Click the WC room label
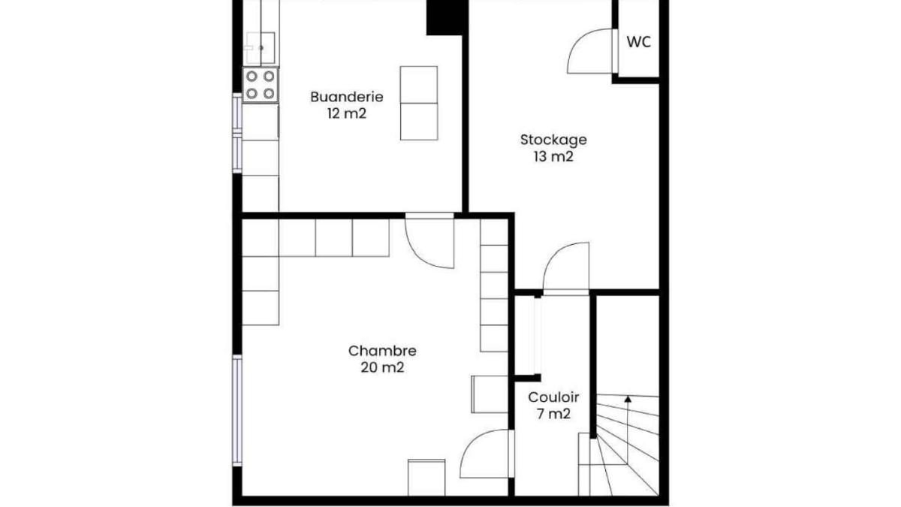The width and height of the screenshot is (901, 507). click(x=639, y=42)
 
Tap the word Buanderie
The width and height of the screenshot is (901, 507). click(x=347, y=97)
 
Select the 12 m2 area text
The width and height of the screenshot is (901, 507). click(x=347, y=114)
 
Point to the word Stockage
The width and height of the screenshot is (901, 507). click(x=553, y=140)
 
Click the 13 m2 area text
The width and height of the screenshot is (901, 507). click(x=553, y=156)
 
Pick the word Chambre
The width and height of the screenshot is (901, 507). click(x=382, y=351)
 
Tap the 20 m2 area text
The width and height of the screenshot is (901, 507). click(x=382, y=368)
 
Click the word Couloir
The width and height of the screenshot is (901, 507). click(x=553, y=397)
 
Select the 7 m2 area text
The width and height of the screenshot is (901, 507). click(x=553, y=414)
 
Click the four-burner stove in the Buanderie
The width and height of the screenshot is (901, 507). click(x=261, y=85)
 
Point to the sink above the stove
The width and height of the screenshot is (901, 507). click(x=261, y=48)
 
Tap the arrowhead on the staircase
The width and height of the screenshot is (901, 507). click(x=628, y=399)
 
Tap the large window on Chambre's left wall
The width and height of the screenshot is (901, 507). click(x=237, y=411)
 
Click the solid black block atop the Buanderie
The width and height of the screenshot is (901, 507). click(x=447, y=17)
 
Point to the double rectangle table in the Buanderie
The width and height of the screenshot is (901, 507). click(x=419, y=104)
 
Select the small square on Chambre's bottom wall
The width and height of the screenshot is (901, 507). click(x=426, y=478)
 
